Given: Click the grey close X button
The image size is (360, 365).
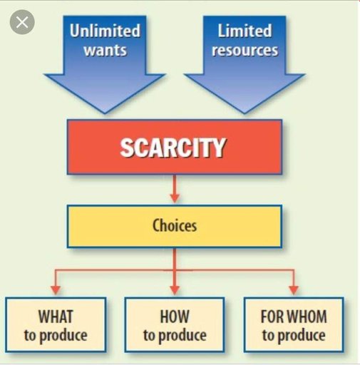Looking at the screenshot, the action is click(22, 22).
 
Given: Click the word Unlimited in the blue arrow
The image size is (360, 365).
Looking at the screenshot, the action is click(105, 31).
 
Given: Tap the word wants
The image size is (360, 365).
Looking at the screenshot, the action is click(105, 51).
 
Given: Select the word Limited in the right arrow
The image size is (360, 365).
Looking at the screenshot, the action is click(245, 31).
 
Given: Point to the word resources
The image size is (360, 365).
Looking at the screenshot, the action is click(245, 51).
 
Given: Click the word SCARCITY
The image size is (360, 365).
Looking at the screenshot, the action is click(173, 148).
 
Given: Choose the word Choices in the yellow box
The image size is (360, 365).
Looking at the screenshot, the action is click(175, 225).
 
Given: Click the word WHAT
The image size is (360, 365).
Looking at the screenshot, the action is click(56, 317).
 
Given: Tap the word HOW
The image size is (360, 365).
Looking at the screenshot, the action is click(175, 317).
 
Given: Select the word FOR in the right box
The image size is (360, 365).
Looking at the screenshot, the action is click(272, 317).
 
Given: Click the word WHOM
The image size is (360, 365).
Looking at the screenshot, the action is click(307, 317).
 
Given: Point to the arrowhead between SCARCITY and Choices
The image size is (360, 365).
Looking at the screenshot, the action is click(175, 197).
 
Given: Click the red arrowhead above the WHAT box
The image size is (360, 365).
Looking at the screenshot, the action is click(56, 290).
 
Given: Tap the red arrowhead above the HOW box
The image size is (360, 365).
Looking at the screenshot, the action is click(175, 290).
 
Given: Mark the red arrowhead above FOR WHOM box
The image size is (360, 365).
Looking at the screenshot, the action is click(294, 290).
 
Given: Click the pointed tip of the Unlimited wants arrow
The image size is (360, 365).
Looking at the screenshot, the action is click(105, 113).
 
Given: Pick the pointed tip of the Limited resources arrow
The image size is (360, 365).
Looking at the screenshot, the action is click(245, 113).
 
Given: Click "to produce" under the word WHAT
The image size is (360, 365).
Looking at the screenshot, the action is click(56, 336).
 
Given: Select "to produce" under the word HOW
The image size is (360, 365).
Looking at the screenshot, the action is click(175, 336).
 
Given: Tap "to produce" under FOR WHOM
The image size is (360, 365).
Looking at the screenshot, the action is click(294, 336).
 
